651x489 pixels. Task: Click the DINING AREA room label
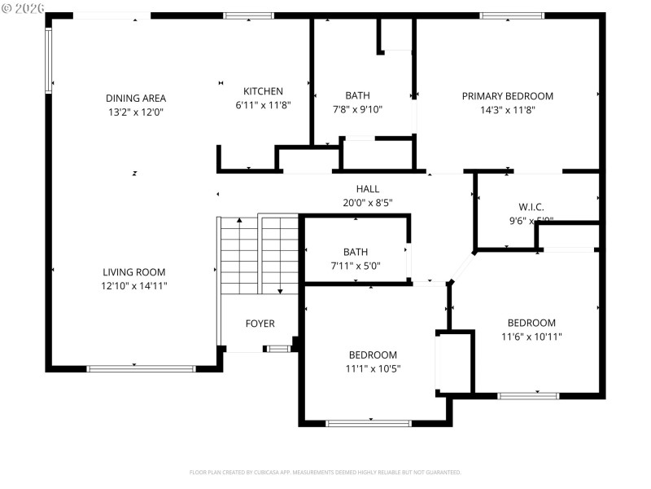pos(135,98)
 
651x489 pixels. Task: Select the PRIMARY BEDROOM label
pos(507,96)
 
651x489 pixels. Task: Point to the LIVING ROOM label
pos(134,272)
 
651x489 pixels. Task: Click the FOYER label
pos(260,324)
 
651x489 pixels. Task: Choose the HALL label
pos(368,189)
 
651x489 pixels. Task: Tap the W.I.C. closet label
pos(531,207)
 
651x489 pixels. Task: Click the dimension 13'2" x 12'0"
pos(135,112)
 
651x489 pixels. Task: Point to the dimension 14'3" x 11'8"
pos(507,110)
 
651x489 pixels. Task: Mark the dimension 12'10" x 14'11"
pos(134,286)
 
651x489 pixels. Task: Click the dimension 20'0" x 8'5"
pos(368,203)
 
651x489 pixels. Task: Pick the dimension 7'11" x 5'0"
pos(356,266)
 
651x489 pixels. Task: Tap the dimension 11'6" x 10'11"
pos(531,337)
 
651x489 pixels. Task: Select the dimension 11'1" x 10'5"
pos(373,368)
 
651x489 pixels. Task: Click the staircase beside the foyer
pos(259,254)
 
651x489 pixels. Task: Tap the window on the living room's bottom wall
pos(141,368)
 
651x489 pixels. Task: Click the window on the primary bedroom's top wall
pos(512,15)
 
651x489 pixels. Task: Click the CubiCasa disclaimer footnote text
pos(325,472)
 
